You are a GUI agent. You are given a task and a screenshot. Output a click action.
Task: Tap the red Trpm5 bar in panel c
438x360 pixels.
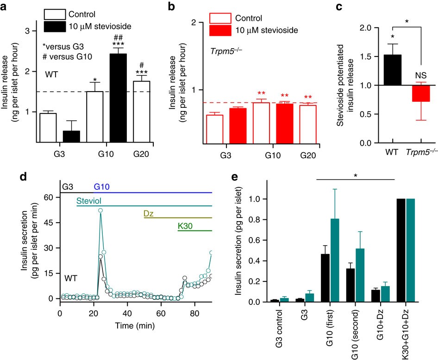[x=422, y=93]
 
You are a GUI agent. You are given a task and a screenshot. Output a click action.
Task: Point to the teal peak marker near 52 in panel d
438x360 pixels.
[x=100, y=211]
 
